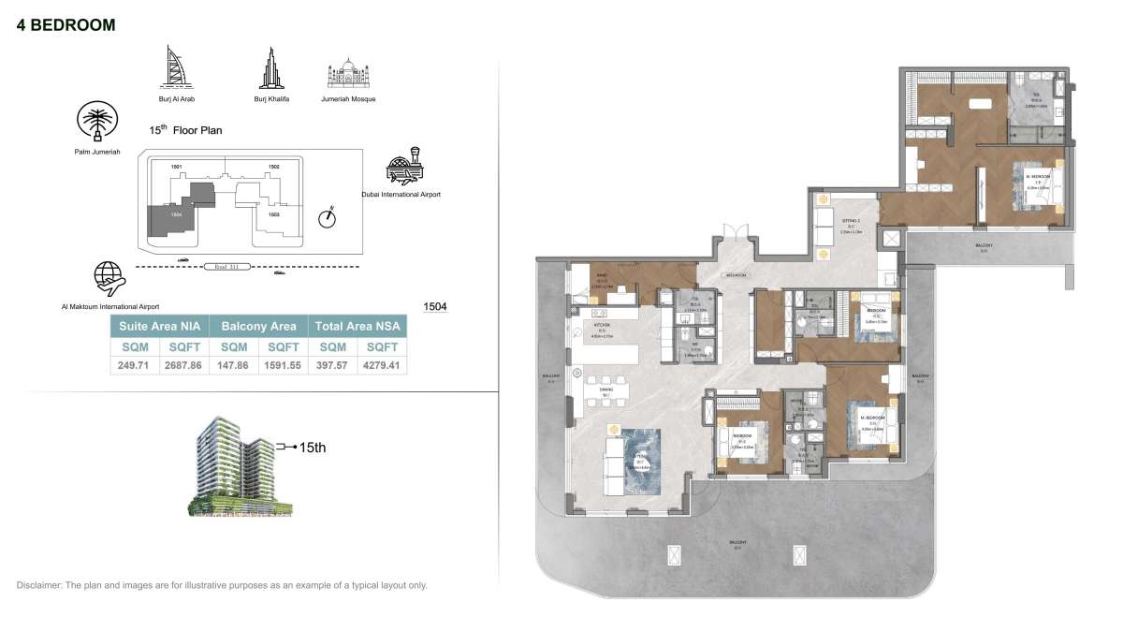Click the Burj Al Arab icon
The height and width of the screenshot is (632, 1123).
point(176,67)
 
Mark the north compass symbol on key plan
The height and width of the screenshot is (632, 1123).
point(326,218)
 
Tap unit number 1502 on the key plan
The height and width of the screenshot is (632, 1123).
point(273,167)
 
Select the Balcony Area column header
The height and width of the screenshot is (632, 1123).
point(258,326)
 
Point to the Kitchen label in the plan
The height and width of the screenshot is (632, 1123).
point(604,326)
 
